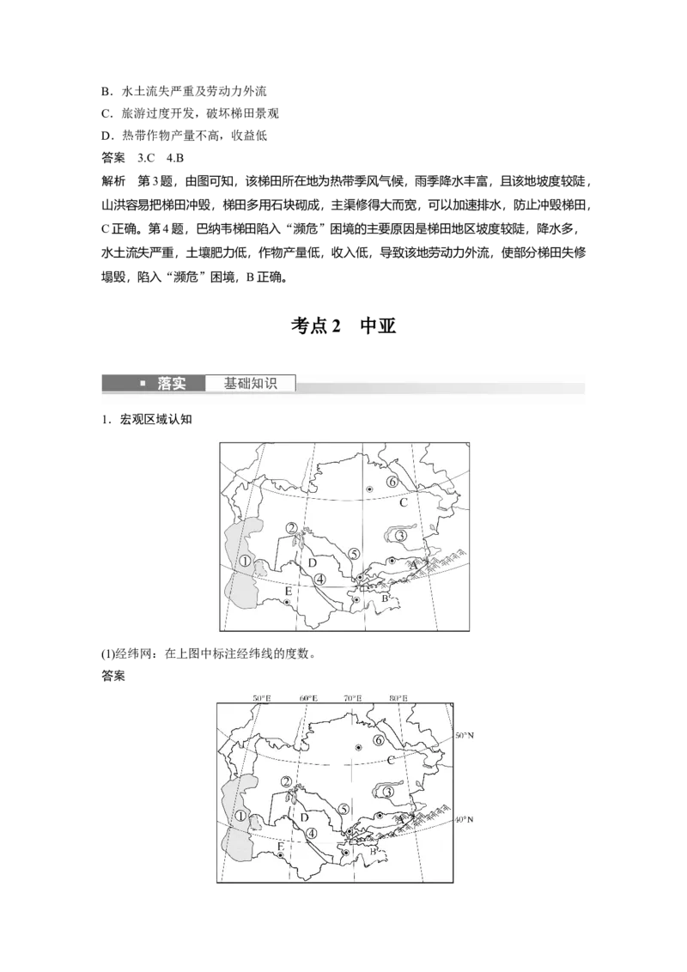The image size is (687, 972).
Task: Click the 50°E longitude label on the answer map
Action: click(262, 697)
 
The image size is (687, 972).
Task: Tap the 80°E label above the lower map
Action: click(398, 697)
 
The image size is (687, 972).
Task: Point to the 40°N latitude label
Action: click(464, 819)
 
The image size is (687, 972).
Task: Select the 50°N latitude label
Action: click(464, 736)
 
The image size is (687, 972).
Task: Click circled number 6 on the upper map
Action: click(392, 482)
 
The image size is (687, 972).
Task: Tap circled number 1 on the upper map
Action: click(244, 561)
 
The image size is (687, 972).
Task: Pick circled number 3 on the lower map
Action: click(388, 791)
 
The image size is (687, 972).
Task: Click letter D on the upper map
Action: click(313, 562)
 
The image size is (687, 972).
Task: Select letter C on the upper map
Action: click(403, 502)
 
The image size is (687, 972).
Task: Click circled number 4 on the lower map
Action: click(311, 833)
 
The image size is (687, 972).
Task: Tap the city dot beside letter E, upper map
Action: click(287, 602)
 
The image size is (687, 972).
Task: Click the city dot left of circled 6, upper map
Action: click(369, 489)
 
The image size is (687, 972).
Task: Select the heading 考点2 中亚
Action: click(343, 326)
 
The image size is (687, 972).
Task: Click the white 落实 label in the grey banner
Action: click(171, 384)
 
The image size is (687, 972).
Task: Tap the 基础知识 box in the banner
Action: click(251, 384)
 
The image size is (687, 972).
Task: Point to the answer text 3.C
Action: click(146, 158)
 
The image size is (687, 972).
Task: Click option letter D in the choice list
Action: click(106, 136)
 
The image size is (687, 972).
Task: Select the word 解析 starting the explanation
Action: click(112, 181)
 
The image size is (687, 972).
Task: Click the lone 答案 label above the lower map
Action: click(112, 676)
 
